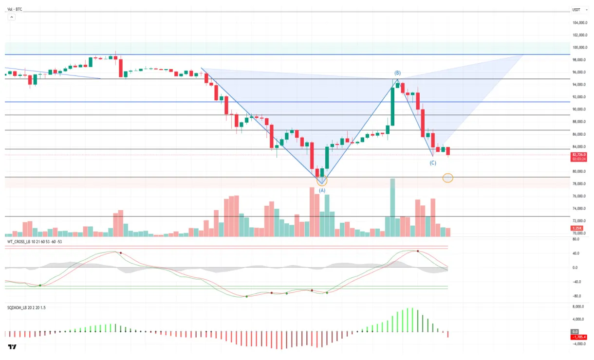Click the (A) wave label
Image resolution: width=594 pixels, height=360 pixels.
tap(322, 191)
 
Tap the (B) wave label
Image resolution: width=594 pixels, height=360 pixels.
tap(397, 73)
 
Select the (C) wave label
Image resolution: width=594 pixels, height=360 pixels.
tap(433, 163)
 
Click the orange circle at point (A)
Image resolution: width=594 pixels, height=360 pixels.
tap(322, 180)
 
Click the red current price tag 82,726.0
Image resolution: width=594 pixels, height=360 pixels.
tap(579, 154)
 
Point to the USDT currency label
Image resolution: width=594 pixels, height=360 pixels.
tap(576, 9)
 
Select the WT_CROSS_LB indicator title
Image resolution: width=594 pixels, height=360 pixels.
tap(34, 242)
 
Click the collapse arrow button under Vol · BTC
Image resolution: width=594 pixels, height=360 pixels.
tap(11, 17)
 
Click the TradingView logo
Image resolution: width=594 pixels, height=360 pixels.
tap(12, 347)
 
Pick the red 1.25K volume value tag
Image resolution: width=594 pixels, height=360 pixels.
tap(577, 228)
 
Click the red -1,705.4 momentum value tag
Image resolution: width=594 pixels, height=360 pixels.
tap(578, 337)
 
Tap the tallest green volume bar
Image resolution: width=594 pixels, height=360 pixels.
tap(392, 207)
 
